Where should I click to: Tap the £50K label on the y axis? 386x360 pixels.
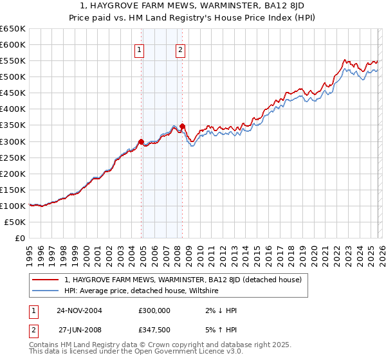[x=14, y=222]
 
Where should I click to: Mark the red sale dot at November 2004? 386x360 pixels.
[x=142, y=141]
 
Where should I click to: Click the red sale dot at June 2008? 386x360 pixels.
[x=183, y=126]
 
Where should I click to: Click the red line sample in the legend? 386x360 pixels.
[x=46, y=280]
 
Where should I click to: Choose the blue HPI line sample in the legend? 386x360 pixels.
[x=46, y=291]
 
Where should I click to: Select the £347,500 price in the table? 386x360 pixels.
[x=154, y=329]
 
